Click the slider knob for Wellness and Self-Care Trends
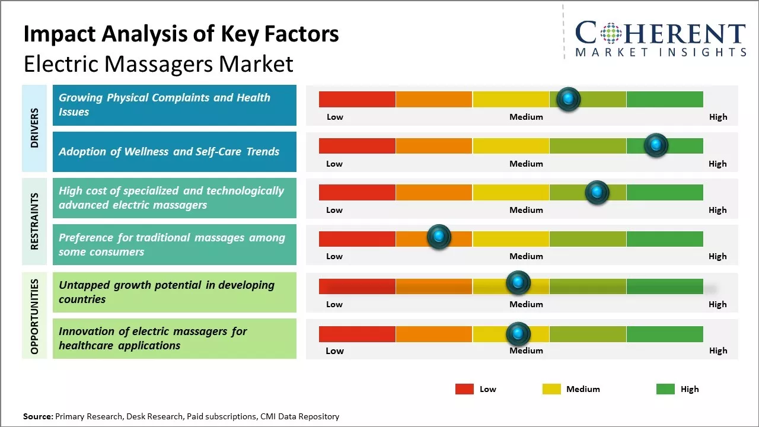point(656,145)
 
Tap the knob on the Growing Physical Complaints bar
point(568,99)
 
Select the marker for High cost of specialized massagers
point(597,192)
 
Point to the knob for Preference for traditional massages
point(439,237)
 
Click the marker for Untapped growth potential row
point(518,283)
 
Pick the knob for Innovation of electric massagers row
point(518,334)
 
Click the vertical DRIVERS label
point(34,128)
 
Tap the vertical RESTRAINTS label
point(34,221)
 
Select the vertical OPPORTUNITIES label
point(34,316)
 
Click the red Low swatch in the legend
point(464,389)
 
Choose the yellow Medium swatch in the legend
point(551,389)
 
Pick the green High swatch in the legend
point(665,389)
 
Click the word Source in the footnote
point(38,416)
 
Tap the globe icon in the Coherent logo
point(611,33)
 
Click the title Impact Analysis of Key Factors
point(181,34)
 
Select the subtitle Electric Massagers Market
point(158,63)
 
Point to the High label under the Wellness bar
point(717,164)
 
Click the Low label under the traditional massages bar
point(334,256)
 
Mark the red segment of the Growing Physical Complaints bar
point(357,99)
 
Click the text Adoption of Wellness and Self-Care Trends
point(169,151)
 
